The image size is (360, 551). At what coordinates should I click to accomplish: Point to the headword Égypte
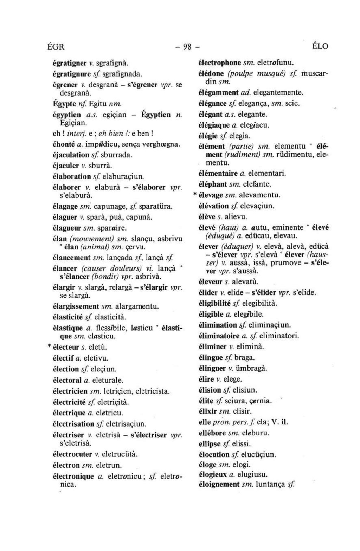63,104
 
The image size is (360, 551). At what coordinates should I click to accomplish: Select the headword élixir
208,411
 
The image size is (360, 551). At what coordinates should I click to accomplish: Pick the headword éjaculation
71,154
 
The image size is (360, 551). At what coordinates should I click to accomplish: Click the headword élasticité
68,317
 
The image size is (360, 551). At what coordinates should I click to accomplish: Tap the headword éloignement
219,484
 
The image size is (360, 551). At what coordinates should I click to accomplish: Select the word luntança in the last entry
271,484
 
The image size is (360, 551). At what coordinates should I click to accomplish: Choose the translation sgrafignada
121,74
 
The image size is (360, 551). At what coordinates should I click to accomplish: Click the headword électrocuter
72,454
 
